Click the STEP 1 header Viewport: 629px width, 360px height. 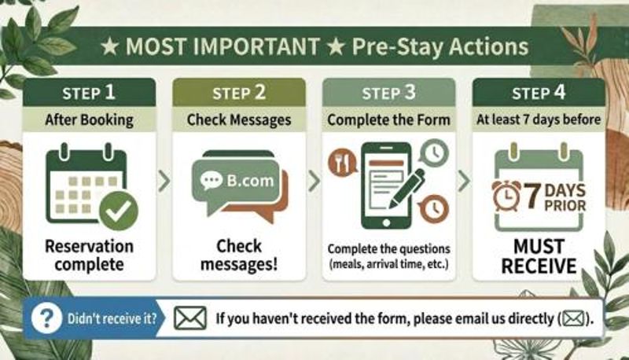(x=89, y=93)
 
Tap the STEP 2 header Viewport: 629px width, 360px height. (x=239, y=93)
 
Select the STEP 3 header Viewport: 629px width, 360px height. (x=388, y=93)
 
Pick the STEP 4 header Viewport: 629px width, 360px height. (x=539, y=93)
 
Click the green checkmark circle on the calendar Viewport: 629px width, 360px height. (x=119, y=211)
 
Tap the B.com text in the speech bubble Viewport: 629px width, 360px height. (x=250, y=181)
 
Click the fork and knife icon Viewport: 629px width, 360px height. (x=342, y=163)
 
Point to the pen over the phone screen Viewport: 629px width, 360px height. (x=406, y=189)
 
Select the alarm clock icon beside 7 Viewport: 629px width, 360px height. (x=506, y=196)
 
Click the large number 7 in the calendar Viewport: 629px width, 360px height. (x=532, y=196)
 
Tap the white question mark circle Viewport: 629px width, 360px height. (x=47, y=318)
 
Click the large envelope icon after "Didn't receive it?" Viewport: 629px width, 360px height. (x=190, y=318)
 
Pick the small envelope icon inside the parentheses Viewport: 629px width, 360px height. (x=573, y=318)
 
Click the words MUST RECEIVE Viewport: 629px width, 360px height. (x=539, y=256)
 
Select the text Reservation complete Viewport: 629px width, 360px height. (x=89, y=255)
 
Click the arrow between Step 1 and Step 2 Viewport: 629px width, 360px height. (x=164, y=182)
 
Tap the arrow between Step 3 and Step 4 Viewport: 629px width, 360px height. (x=464, y=182)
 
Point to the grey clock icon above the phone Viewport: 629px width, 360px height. (x=435, y=152)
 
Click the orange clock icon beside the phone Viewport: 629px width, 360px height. (x=434, y=208)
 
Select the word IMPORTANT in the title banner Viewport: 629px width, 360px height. (x=256, y=46)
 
